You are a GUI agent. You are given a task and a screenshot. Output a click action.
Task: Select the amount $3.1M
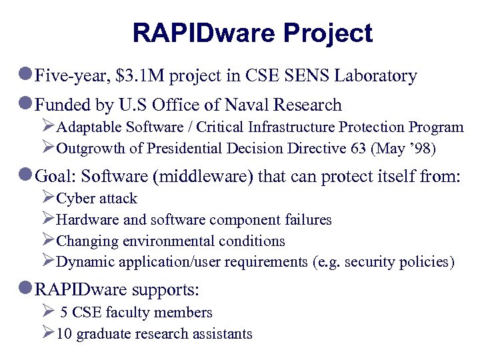[x=140, y=76]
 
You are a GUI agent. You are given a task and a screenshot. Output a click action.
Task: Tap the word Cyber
[x=75, y=199]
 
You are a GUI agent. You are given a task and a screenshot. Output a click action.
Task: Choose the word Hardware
[x=85, y=219]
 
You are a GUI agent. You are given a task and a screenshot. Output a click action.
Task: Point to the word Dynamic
[x=83, y=262]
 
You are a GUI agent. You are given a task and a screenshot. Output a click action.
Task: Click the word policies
[x=426, y=262]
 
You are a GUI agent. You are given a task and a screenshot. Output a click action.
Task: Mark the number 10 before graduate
[x=65, y=334]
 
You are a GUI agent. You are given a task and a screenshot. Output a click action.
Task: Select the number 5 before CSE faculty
[x=64, y=313]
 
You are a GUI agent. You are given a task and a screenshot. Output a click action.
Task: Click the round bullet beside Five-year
[x=26, y=76]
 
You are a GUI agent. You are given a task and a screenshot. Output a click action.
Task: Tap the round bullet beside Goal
[x=26, y=177]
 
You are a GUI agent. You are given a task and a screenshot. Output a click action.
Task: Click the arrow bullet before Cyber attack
[x=48, y=197]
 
